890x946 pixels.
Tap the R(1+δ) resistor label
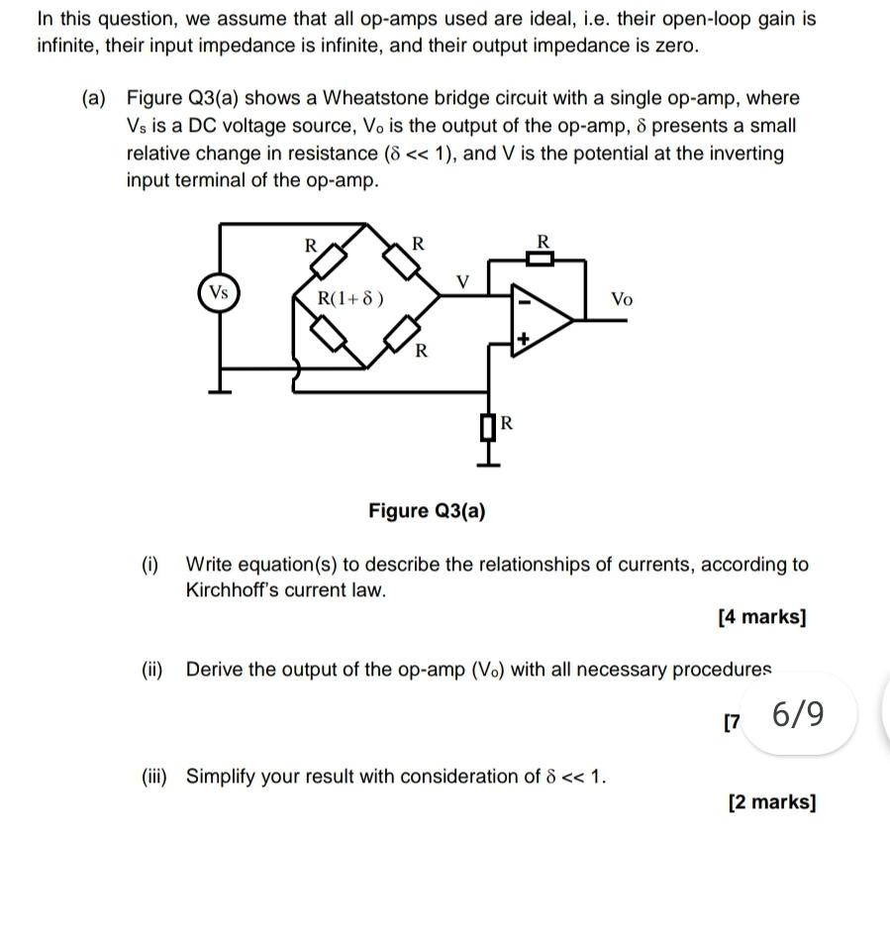click(x=350, y=298)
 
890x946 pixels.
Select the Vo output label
click(x=621, y=298)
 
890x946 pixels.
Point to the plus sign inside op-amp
click(x=525, y=340)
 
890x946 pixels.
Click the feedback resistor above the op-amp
click(x=541, y=259)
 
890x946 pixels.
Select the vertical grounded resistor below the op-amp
click(x=487, y=427)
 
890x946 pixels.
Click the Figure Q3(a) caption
click(x=427, y=511)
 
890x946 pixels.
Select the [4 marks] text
click(x=761, y=617)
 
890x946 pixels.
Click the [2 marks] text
click(x=771, y=802)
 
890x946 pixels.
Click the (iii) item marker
click(x=153, y=776)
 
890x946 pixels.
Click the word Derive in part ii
click(x=213, y=670)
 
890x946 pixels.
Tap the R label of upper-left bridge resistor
click(x=309, y=245)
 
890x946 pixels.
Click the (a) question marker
click(x=94, y=98)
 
